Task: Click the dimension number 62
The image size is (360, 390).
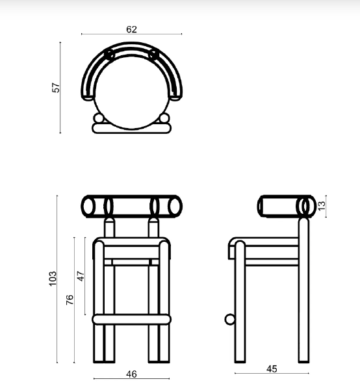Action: pos(132,29)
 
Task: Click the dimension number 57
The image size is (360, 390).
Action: pos(57,87)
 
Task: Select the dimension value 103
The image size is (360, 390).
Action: pos(54,278)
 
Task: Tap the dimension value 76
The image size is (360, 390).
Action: pos(70,300)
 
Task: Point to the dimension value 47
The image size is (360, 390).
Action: pos(81,276)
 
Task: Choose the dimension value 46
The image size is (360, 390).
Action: pos(131,374)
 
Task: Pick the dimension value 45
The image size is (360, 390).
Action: pos(272,369)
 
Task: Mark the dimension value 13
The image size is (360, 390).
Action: pos(320,205)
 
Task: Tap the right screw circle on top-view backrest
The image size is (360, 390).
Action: pos(154,53)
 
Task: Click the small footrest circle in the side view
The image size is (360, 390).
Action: pos(229,319)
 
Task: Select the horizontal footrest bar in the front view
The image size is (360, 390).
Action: pos(132,319)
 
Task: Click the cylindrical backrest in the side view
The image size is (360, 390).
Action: pos(283,206)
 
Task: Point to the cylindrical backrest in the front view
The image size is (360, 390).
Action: pos(132,206)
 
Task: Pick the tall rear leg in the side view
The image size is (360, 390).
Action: pos(303,292)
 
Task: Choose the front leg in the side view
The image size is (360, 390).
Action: pos(238,305)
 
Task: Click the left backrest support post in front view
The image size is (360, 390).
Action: pos(110,228)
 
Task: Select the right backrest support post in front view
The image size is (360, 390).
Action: pos(154,228)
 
